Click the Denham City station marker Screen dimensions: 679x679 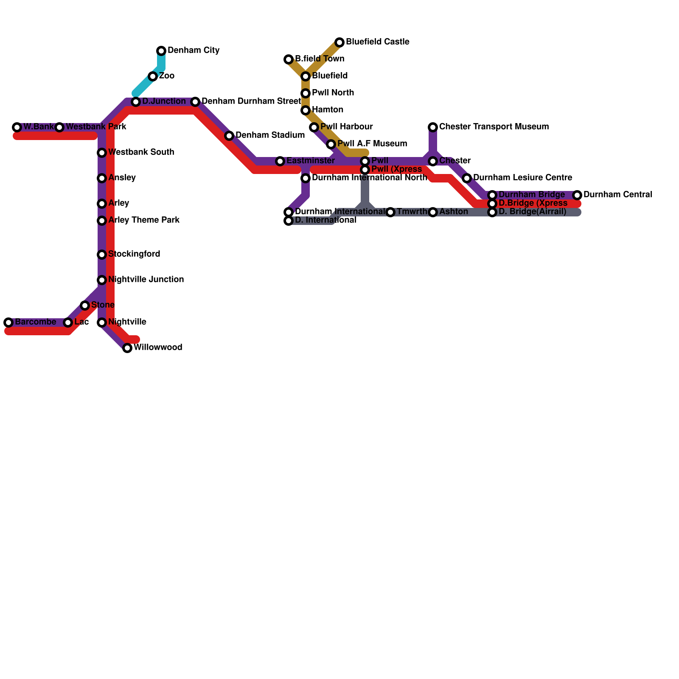pos(161,51)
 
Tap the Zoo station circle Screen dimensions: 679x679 pos(153,76)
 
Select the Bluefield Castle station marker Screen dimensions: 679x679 pos(339,42)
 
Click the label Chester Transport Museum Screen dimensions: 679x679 pos(494,127)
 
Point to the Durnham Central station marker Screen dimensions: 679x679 pos(577,195)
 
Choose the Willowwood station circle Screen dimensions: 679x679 pos(127,348)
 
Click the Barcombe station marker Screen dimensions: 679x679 pos(8,323)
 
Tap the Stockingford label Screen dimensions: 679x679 pos(134,254)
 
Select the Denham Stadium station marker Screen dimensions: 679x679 pos(229,136)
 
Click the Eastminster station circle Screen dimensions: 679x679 pos(280,161)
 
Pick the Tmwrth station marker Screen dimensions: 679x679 pos(390,212)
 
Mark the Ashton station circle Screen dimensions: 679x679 pos(433,212)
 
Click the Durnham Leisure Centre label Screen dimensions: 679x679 pos(523,178)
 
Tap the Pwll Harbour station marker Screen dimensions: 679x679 pos(314,127)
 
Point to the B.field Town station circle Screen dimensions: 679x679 pos(289,59)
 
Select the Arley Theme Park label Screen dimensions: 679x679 pos(144,220)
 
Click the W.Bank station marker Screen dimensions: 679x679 pos(17,127)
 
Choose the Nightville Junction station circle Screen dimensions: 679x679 pos(102,280)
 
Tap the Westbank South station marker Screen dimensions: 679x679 pos(102,153)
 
